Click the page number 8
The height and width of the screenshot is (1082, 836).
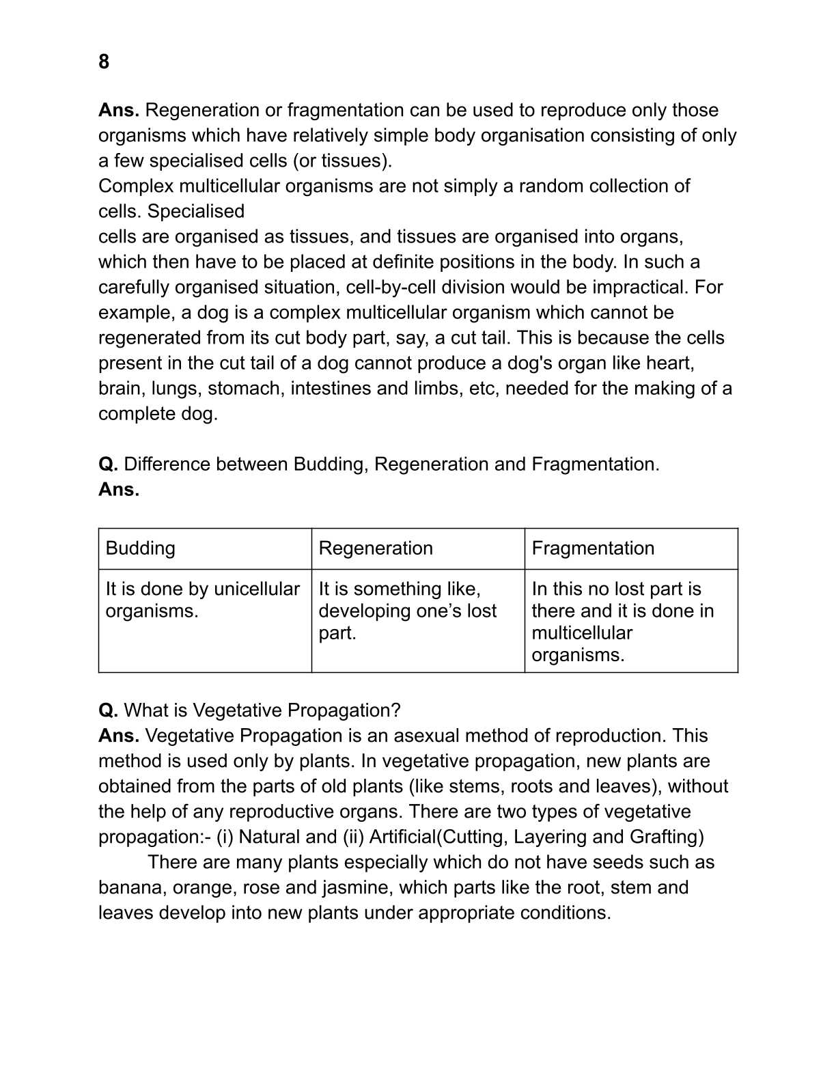(104, 62)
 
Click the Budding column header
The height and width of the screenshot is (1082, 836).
(141, 549)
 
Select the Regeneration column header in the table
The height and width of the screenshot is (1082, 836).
(376, 549)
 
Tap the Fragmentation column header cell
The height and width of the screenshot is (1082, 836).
(593, 549)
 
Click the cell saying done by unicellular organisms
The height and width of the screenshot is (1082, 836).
(203, 600)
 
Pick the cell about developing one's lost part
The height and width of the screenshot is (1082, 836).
(408, 611)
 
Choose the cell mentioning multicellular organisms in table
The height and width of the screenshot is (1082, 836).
(622, 622)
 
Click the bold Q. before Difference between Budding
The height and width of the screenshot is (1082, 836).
(108, 464)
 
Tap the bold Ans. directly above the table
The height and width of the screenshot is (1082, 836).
(119, 490)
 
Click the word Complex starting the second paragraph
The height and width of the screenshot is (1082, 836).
(136, 186)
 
